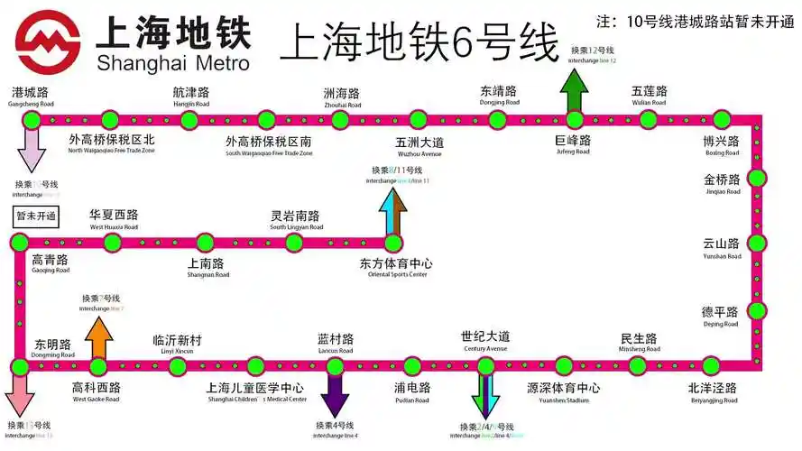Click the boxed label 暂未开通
[36, 216]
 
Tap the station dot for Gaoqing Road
[19, 242]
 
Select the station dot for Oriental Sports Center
[393, 242]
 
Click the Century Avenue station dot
[485, 365]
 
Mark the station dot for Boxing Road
[722, 119]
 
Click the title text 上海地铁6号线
[419, 42]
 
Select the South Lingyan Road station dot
[295, 242]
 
